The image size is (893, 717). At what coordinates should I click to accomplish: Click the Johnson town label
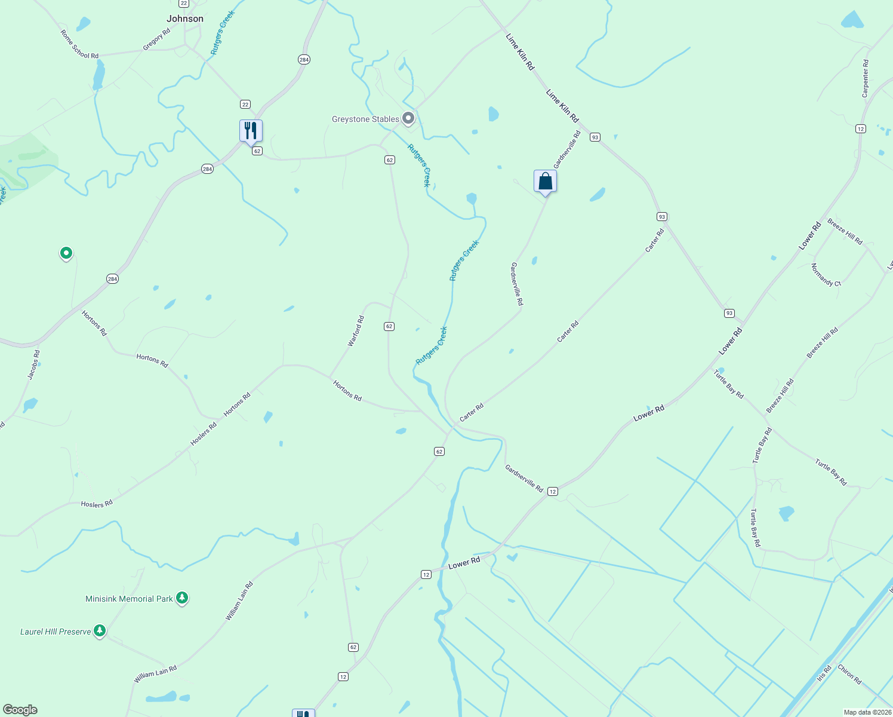185,19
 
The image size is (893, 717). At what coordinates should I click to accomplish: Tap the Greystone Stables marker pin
408,118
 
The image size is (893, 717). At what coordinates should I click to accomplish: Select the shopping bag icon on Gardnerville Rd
545,181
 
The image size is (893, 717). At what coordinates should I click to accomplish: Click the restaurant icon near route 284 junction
251,130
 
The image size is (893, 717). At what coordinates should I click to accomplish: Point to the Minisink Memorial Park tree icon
182,597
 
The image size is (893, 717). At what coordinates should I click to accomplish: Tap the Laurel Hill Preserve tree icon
100,630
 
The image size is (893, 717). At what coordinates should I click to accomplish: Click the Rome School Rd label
79,45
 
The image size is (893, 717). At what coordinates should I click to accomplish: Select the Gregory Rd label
156,39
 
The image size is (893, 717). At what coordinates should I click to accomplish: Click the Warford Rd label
356,332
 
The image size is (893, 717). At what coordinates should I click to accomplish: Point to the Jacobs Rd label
34,364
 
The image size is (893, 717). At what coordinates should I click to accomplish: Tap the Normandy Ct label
826,275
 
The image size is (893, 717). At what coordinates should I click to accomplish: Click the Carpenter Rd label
866,78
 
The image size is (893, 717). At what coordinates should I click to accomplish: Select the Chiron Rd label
849,674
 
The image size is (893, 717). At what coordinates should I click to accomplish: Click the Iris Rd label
824,673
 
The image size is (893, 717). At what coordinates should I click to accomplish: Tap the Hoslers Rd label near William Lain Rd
97,504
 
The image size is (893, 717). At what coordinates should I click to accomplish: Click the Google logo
20,710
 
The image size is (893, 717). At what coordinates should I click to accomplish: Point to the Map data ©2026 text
867,712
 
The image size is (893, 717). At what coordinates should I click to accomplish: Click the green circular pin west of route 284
66,253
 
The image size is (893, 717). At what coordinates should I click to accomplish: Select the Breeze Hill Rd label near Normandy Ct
845,232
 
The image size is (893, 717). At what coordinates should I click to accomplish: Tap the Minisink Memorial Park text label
129,599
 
